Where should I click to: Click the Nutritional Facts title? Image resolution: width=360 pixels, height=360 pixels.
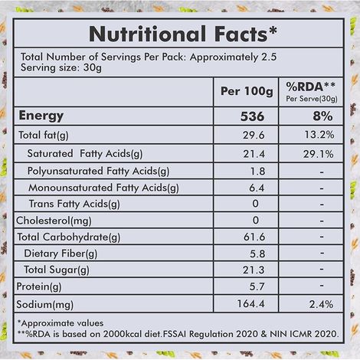click(180, 34)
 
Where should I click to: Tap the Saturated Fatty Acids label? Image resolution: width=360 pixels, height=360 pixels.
click(85, 154)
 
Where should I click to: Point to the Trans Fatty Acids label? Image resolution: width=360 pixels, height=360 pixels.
click(74, 204)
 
